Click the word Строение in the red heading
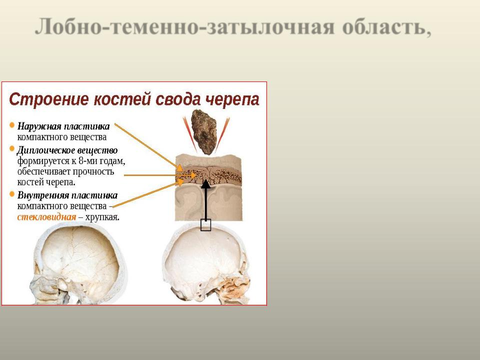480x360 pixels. (x=49, y=99)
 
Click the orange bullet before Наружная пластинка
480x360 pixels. (x=12, y=125)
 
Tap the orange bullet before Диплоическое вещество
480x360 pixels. (x=12, y=149)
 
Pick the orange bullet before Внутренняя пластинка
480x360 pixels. (x=12, y=194)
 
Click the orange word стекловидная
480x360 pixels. (x=46, y=217)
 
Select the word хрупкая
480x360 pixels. (x=102, y=217)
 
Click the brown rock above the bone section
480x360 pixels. (x=204, y=132)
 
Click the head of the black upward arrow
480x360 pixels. (x=205, y=184)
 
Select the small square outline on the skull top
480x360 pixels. (x=205, y=225)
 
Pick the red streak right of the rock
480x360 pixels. (x=222, y=134)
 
